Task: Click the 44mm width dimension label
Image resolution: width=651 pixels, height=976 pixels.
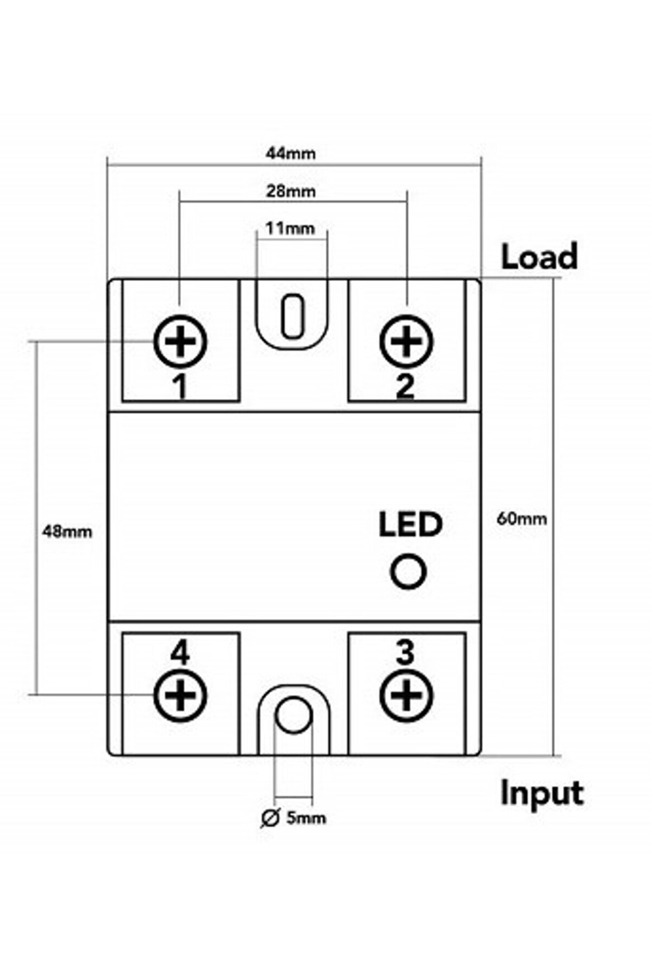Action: pyautogui.click(x=291, y=154)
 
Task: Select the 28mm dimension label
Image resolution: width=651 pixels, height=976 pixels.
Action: pyautogui.click(x=291, y=191)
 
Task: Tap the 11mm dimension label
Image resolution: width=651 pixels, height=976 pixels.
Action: pyautogui.click(x=290, y=228)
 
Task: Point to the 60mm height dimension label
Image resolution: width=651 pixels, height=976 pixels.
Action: pyautogui.click(x=522, y=519)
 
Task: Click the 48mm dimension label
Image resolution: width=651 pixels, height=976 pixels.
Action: pyautogui.click(x=67, y=531)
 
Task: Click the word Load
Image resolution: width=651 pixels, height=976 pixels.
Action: pyautogui.click(x=539, y=256)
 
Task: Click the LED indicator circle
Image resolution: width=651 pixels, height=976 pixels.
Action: pyautogui.click(x=408, y=572)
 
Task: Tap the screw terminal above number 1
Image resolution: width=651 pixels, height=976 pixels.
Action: pyautogui.click(x=181, y=342)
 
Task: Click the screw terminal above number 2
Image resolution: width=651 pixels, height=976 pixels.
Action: pyautogui.click(x=406, y=342)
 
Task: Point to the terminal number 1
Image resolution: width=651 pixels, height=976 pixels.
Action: pyautogui.click(x=181, y=387)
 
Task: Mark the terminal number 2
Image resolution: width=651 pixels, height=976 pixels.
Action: pyautogui.click(x=405, y=387)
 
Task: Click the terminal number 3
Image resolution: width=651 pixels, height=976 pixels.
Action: pyautogui.click(x=405, y=652)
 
